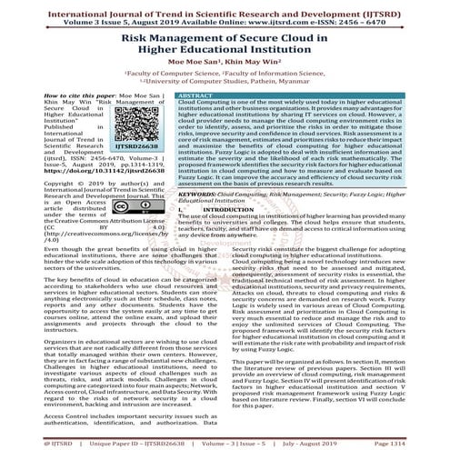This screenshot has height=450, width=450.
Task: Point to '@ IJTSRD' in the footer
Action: (30, 441)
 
